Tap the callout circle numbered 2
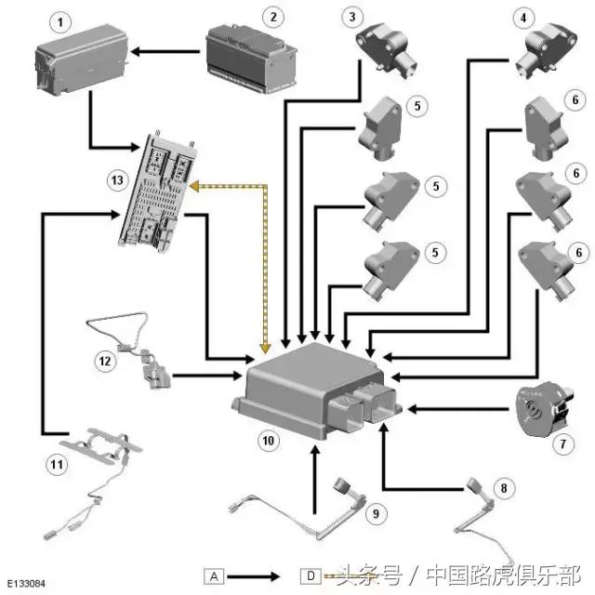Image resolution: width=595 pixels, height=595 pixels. point(271,16)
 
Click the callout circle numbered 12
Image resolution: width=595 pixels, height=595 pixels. point(105,359)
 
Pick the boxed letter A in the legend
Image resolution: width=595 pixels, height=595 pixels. point(214,575)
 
